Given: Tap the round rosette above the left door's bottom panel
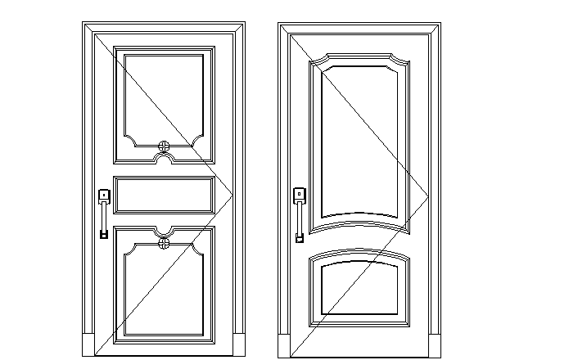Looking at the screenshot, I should click(x=164, y=243).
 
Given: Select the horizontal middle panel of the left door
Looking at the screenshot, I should click(x=164, y=195).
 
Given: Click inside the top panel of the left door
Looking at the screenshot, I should click(x=164, y=94).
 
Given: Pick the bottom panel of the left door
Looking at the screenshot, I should click(x=164, y=295).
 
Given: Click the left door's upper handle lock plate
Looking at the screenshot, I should click(x=104, y=196).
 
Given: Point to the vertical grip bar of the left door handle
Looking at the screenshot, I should click(x=103, y=217).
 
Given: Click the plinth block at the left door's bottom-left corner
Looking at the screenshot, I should click(x=88, y=344).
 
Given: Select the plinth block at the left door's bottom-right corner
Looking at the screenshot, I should click(x=239, y=344).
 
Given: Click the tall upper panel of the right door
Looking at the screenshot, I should click(x=360, y=139).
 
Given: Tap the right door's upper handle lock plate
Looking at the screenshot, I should click(x=300, y=195).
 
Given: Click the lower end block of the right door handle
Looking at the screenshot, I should click(x=300, y=238).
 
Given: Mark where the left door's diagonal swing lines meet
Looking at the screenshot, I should click(x=233, y=194).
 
